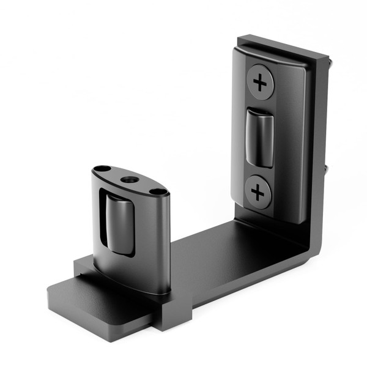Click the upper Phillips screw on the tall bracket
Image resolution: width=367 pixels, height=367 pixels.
click(261, 81)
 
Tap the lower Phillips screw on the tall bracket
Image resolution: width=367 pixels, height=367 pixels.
click(258, 193)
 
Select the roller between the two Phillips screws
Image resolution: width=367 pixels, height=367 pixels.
click(260, 138)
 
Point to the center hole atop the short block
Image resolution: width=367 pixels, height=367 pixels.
click(130, 180)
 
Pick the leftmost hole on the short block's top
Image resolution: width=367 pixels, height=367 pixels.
click(103, 169)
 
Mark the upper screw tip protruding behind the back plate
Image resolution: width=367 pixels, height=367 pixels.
click(331, 61)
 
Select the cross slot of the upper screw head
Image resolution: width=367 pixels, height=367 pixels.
click(261, 81)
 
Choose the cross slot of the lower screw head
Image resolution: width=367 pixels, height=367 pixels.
click(258, 193)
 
